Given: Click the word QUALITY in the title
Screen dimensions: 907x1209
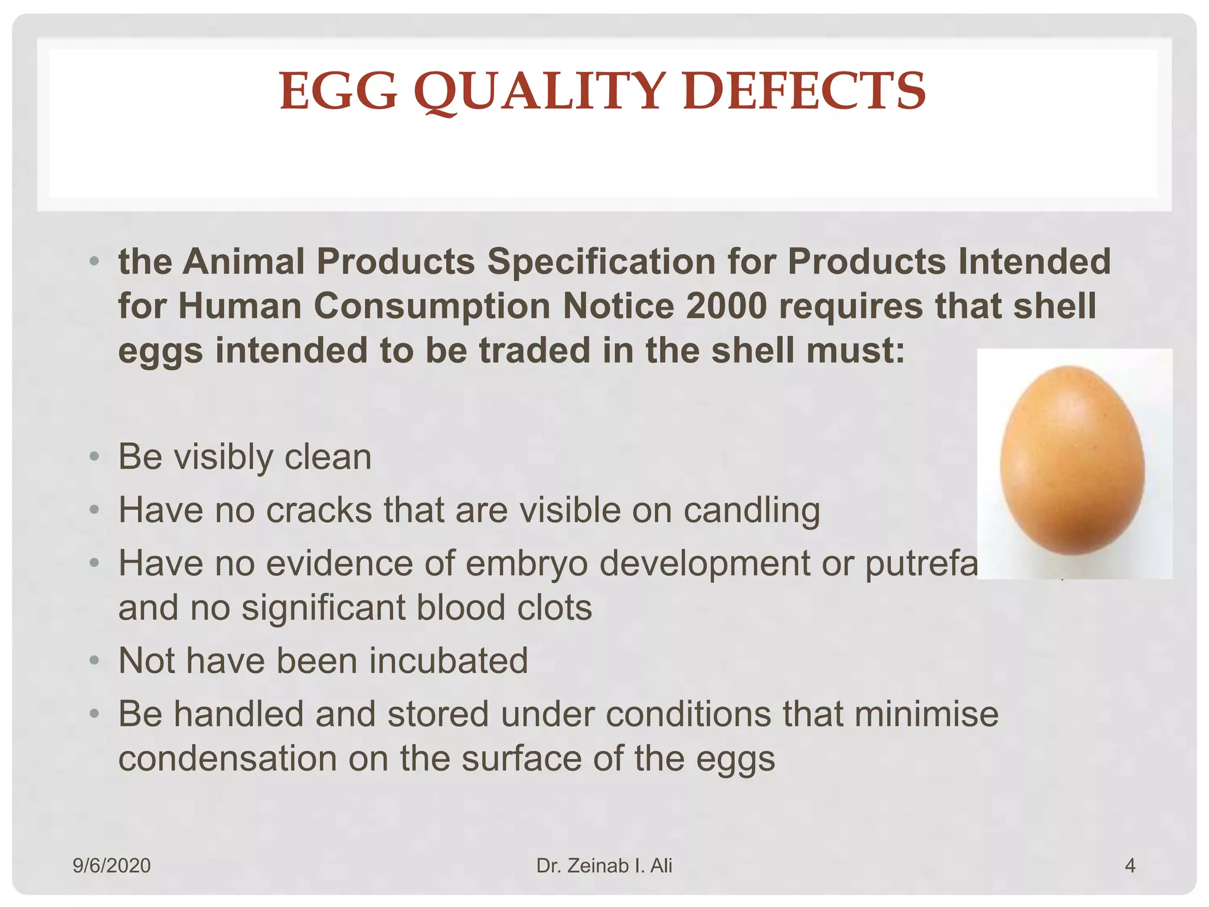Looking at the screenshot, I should click(540, 92).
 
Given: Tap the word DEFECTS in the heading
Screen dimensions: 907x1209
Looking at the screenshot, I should click(803, 92).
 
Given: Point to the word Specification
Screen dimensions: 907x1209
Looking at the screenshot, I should click(601, 262).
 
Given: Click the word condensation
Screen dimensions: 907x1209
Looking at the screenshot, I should click(227, 759).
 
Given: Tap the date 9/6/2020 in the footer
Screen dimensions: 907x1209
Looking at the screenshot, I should click(112, 866).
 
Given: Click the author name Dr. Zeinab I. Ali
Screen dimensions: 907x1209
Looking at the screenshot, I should click(604, 866).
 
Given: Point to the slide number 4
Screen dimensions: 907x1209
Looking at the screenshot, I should click(1130, 866).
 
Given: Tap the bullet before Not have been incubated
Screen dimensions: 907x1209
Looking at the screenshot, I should click(94, 660).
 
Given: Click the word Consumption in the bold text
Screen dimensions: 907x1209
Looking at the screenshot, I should click(432, 306).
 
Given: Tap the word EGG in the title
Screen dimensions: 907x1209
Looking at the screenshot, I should click(338, 92).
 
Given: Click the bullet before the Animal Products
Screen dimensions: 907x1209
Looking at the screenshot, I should click(94, 261).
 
